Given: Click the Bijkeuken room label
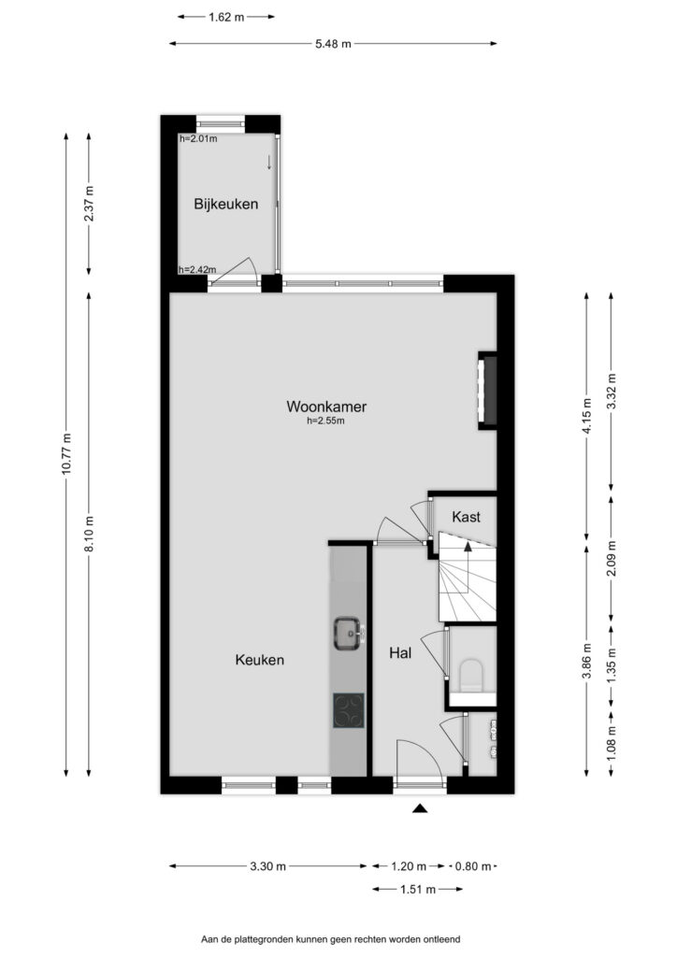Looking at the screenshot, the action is pos(226,205).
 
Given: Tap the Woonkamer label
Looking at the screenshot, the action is pos(326,406).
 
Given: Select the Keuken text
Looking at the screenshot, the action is pos(259,660).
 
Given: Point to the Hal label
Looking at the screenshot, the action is pos(400,653).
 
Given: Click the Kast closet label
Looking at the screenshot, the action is pos(466,517).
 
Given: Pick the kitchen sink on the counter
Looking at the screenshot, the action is pos(349,634).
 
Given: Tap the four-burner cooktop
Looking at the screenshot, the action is pos(349,710).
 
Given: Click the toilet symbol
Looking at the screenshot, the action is pos(470,677).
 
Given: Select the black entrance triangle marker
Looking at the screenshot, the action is pos(420,808).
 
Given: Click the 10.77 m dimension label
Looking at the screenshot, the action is pos(66,453).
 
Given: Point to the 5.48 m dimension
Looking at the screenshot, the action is pos(333,44).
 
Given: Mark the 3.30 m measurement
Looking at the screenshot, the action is pos(268,866).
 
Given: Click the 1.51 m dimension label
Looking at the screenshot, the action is pos(418,890).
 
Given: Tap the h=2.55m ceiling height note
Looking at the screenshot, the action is pos(326,421).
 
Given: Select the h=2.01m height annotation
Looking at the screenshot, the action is pos(198,138).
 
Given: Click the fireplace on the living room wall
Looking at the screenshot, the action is pos(488,390).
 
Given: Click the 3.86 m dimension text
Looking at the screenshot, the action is pos(586,661).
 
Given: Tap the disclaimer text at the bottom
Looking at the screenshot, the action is pos(331,939).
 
